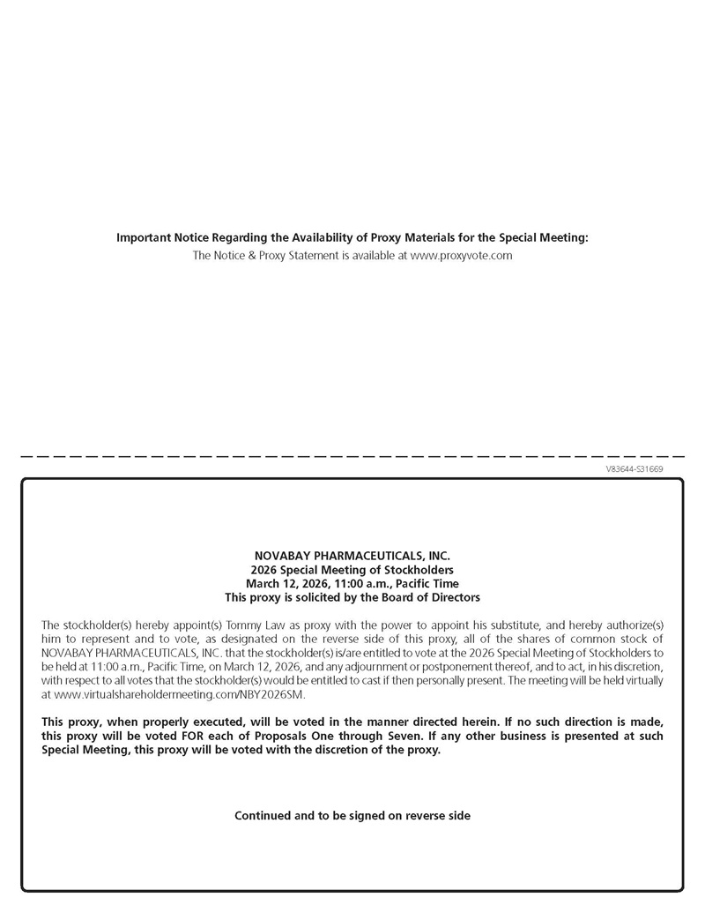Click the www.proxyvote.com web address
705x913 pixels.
pyautogui.click(x=461, y=255)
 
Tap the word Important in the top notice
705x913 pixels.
pyautogui.click(x=145, y=237)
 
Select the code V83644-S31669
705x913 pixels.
pyautogui.click(x=634, y=469)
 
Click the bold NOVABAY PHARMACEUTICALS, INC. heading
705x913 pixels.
pyautogui.click(x=352, y=556)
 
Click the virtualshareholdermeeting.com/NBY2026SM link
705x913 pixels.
pyautogui.click(x=174, y=695)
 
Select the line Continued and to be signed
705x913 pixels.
pyautogui.click(x=352, y=816)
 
